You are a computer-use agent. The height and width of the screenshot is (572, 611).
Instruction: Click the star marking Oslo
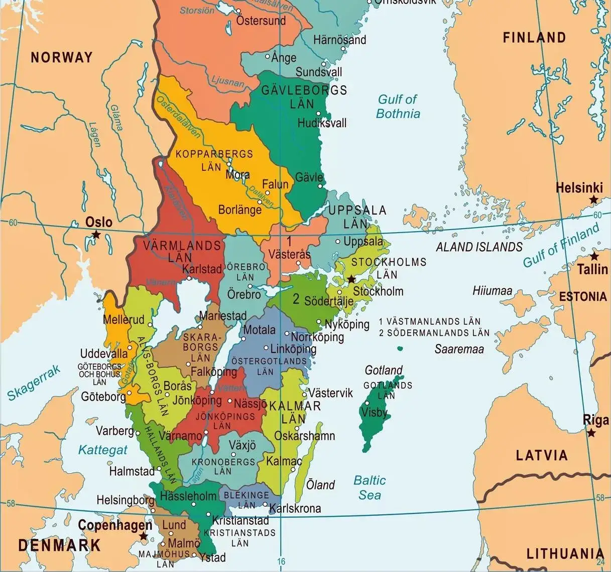[95, 235]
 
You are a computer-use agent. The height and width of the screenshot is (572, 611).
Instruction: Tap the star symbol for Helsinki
[594, 200]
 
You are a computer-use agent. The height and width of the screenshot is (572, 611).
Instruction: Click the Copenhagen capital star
[144, 536]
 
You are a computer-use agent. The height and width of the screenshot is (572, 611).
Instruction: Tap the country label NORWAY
[62, 57]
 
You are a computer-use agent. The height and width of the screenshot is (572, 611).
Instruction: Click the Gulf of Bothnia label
[398, 106]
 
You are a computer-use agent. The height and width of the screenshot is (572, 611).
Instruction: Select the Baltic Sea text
[370, 487]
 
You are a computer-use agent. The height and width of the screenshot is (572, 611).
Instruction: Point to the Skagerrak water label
[34, 383]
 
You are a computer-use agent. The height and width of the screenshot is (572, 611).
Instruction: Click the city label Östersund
[261, 21]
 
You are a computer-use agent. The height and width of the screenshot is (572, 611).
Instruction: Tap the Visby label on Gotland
[374, 412]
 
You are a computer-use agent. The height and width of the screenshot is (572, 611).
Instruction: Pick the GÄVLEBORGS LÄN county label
[304, 97]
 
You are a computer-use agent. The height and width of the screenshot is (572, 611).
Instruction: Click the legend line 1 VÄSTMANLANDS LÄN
[430, 321]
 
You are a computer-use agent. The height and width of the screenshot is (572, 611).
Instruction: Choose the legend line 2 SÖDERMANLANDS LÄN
[434, 332]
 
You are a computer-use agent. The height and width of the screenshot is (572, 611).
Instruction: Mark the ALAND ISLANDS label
[479, 247]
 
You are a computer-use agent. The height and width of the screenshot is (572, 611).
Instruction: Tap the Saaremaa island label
[459, 349]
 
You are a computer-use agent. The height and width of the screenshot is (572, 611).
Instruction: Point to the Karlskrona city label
[295, 508]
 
